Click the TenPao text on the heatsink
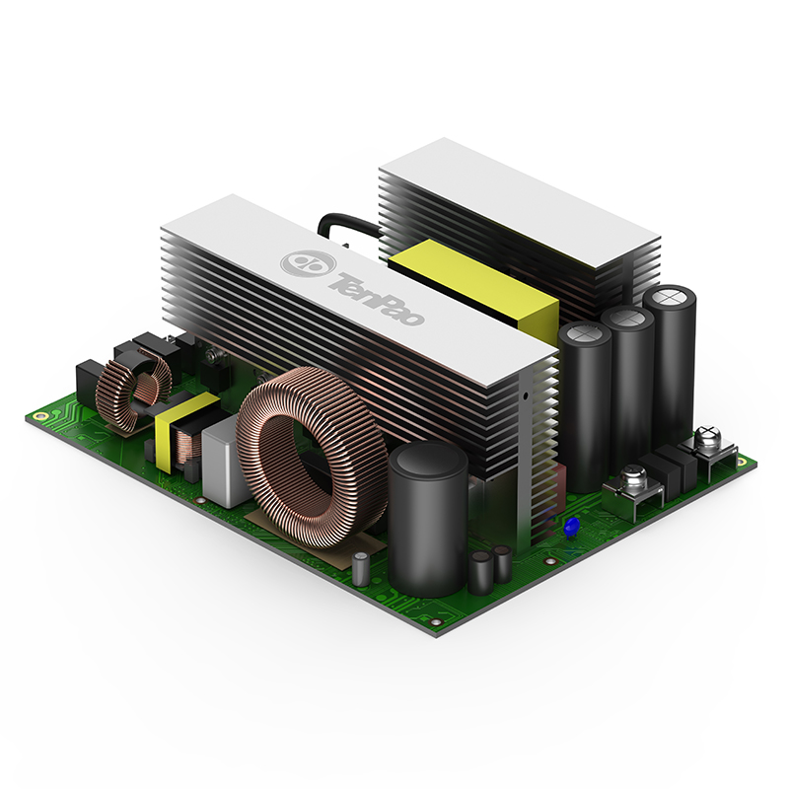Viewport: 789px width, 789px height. pos(377,300)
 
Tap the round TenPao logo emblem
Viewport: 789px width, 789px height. pos(308,263)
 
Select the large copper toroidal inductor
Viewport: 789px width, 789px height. pos(313,458)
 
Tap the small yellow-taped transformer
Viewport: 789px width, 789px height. pos(187,434)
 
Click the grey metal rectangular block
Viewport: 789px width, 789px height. pos(224,461)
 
